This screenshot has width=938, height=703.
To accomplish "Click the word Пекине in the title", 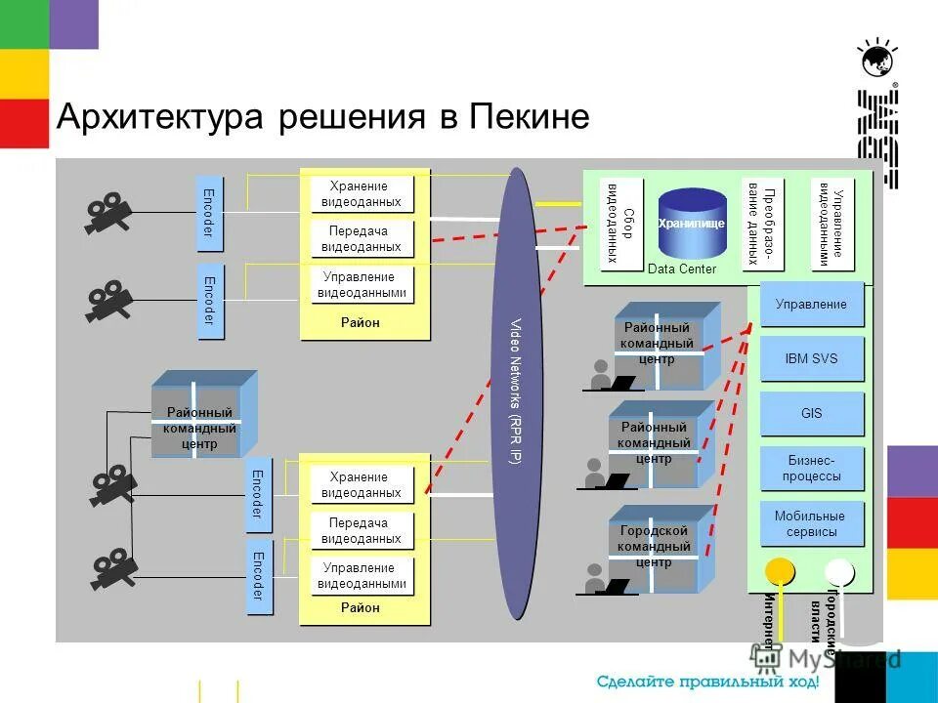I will pos(530,117).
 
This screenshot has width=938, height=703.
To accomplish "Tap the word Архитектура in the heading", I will pos(161,117).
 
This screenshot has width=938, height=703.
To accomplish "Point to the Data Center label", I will pos(682,269).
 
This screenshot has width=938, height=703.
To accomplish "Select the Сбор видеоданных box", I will pos(621,225).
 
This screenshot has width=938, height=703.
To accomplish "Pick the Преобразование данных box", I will pos(763,225).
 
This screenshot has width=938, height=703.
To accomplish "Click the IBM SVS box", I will pos(811,358).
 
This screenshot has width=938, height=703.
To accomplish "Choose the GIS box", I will pos(811,413).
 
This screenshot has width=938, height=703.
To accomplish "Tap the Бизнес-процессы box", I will pos(811,469).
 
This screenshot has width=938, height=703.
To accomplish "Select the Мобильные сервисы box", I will pos(811,524).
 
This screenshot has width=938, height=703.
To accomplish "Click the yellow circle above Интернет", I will pos(779,570).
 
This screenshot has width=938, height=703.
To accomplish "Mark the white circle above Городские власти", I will pos(838,570).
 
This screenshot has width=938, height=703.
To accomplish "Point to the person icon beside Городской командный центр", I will pos(597,578).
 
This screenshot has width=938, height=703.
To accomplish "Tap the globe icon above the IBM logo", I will pos(876,61).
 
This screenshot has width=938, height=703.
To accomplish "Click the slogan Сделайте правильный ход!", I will pos(707,682).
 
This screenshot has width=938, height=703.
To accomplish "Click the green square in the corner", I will pos(23,23).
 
